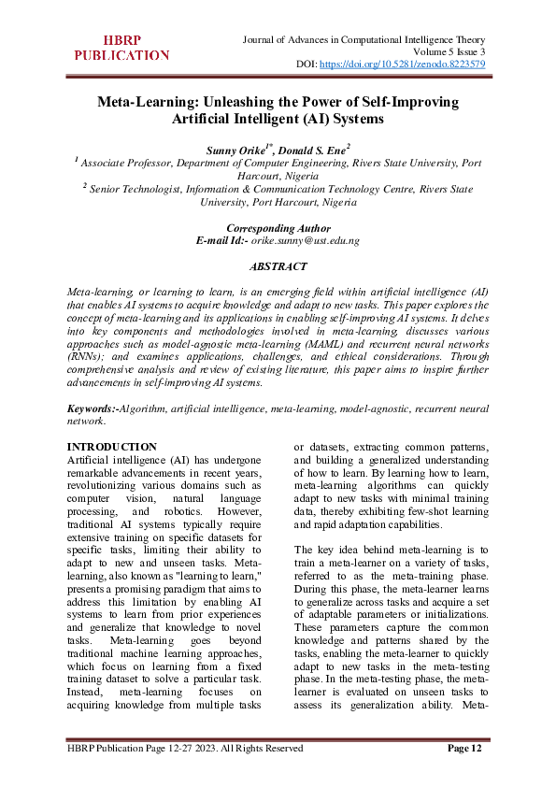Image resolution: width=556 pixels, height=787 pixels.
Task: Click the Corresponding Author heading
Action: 278,228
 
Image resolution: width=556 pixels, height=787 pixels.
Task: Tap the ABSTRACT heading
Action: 278,266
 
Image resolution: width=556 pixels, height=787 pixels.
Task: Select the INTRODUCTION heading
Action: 113,447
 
